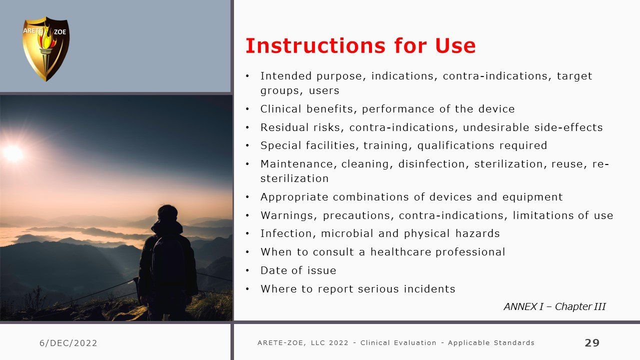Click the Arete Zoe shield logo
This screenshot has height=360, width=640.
[45, 48]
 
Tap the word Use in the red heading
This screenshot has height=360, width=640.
[455, 45]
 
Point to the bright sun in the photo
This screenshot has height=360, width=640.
[13, 153]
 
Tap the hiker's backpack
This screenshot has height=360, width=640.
[168, 263]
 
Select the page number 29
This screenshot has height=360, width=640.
[592, 342]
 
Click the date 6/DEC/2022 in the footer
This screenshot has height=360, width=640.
[68, 343]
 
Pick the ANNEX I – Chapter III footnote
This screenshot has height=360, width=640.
[554, 306]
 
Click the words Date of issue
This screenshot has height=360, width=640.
[298, 270]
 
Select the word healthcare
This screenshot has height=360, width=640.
[400, 252]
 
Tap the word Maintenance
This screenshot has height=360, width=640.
[297, 164]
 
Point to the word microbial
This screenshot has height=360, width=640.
[347, 233]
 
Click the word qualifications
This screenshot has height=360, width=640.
[455, 145]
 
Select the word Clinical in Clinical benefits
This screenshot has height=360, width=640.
[281, 109]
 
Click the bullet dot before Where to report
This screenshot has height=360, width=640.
[247, 289]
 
